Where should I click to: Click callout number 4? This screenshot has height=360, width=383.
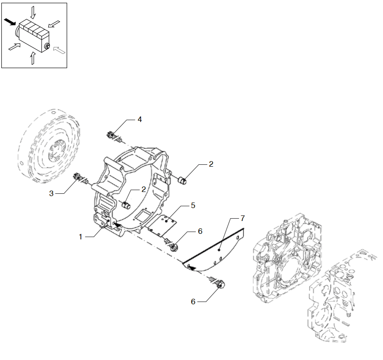(x=139, y=119)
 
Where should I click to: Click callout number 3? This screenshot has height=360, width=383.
(x=51, y=193)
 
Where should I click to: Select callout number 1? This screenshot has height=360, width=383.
(x=80, y=237)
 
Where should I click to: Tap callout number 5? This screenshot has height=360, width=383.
(x=193, y=205)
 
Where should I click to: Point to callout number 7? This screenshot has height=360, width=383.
(x=242, y=218)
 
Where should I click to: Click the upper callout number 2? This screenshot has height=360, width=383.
(x=211, y=164)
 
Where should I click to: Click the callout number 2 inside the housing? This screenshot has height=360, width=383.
(x=143, y=189)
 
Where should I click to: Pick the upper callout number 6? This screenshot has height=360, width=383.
(x=200, y=231)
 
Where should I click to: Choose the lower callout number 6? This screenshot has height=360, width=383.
(x=193, y=302)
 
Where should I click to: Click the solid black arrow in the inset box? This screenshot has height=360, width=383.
(x=10, y=22)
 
